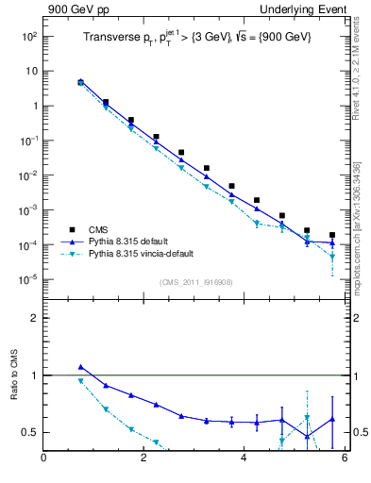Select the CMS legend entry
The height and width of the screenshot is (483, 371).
pos(96,229)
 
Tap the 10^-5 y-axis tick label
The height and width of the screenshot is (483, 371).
pos(29,279)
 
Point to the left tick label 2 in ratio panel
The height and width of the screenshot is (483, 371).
pos(34,318)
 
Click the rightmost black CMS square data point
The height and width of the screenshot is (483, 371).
pos(331,235)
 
